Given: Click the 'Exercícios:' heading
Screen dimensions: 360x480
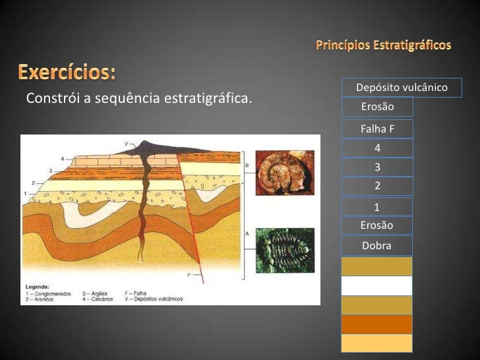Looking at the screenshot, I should pos(66,71).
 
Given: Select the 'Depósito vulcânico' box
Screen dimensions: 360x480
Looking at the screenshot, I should pos(401,88).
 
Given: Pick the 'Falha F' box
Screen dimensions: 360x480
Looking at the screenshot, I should pos(376,129).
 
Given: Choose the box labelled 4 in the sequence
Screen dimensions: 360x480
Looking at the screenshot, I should pos(376,148).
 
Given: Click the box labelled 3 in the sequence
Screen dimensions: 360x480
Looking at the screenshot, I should pos(376,167).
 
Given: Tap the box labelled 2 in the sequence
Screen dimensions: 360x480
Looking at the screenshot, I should pos(376,186).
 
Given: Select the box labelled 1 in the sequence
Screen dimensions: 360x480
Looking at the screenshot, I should pos(376,207).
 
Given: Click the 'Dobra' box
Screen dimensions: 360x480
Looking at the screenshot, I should pos(376,245).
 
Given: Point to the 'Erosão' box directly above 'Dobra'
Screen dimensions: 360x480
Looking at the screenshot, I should pos(376,225).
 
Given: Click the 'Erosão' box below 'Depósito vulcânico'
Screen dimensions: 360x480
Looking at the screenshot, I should pos(376,106).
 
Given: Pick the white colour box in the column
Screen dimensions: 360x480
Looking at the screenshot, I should pos(376,285).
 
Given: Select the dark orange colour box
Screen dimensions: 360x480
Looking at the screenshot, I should pos(376,324).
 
